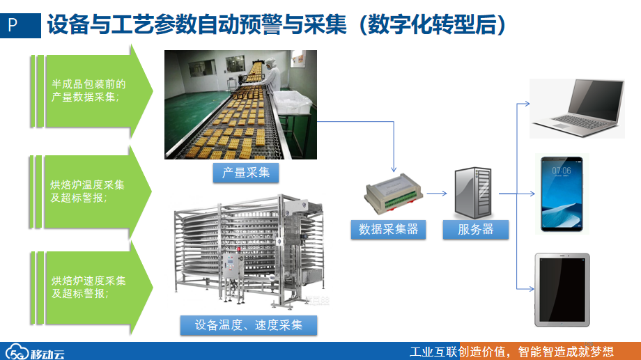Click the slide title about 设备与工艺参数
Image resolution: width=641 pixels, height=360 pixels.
(276, 25)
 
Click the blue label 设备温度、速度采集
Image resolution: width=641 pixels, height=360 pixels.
(248, 324)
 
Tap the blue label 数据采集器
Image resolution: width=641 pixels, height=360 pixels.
(388, 229)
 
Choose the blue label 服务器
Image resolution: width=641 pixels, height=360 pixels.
(475, 229)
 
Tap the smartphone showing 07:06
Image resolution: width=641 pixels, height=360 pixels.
(564, 193)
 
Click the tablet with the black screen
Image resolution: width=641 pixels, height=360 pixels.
(562, 290)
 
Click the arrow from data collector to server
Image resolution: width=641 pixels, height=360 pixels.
(435, 195)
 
